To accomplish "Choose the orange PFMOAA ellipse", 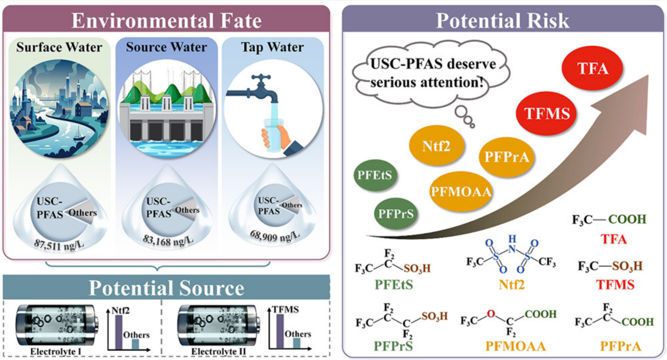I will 461,192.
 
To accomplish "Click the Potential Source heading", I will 166,288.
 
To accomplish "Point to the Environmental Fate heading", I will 167,21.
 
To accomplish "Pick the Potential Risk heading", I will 502,21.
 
